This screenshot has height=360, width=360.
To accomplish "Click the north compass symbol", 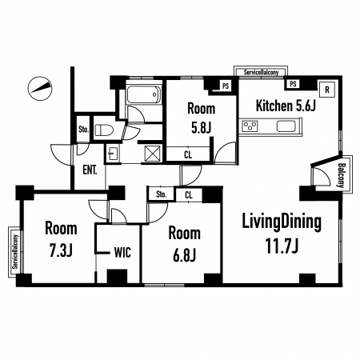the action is (x=40, y=88).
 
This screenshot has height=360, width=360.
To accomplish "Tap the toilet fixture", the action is (x=104, y=130).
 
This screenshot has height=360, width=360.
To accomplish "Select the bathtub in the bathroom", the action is (x=144, y=94).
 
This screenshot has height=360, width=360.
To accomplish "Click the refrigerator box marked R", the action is (x=327, y=90).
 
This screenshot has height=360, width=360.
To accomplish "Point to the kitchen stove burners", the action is (x=250, y=126).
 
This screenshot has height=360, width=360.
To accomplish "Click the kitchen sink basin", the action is (x=286, y=126).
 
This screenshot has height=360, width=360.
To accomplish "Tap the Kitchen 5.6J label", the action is (x=286, y=106).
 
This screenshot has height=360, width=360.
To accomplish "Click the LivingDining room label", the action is (x=282, y=222).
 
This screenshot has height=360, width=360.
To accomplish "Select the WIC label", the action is (x=122, y=253).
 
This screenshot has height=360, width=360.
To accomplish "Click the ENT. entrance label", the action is (x=90, y=170).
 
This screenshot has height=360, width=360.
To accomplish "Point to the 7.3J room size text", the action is (x=61, y=250).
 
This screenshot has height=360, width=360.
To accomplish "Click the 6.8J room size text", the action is (x=185, y=255).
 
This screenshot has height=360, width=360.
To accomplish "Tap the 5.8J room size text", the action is (x=202, y=127).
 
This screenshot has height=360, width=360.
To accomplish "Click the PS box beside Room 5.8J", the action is (x=226, y=86).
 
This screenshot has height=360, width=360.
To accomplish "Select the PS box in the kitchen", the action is (x=293, y=84).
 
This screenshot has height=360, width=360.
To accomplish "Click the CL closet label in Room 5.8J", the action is (x=188, y=154).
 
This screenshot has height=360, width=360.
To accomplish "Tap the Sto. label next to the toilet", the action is (x=83, y=130).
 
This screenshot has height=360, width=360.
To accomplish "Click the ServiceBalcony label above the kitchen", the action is (x=261, y=72).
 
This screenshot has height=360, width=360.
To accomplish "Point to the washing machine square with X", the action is (x=153, y=154).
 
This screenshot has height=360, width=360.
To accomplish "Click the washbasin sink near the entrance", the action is (x=113, y=154).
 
